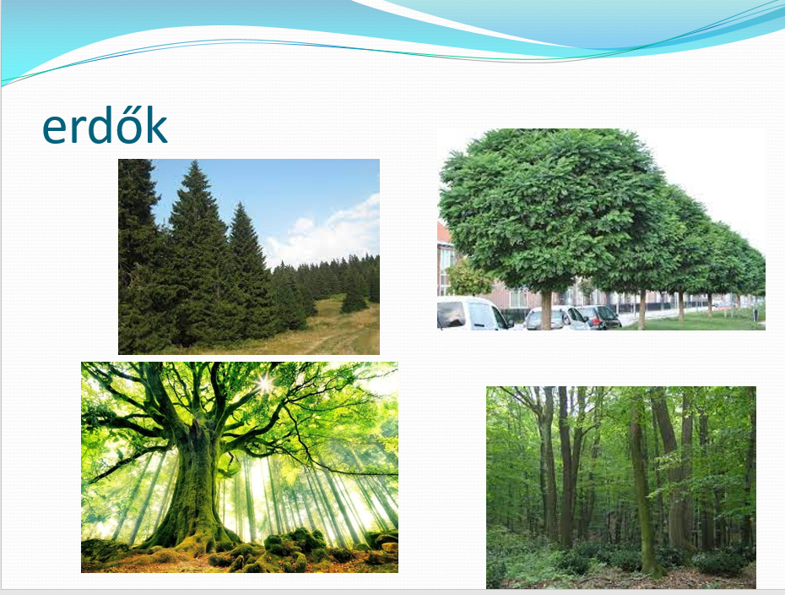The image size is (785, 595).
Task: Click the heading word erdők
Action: [x=105, y=125]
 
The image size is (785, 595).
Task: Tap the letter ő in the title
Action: [x=133, y=125]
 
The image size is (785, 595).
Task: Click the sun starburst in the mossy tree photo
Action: [x=264, y=385]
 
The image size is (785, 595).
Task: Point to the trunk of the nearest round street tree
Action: [x=546, y=310]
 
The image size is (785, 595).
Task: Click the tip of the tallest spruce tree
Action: [x=195, y=161]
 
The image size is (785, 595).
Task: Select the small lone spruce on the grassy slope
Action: [x=354, y=296]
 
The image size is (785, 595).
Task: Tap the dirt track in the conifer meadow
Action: [x=326, y=341]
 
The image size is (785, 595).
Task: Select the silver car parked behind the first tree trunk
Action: [x=555, y=318]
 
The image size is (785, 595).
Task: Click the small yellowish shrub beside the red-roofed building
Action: [x=468, y=278]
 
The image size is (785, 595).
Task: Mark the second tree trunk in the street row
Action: [x=642, y=309]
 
